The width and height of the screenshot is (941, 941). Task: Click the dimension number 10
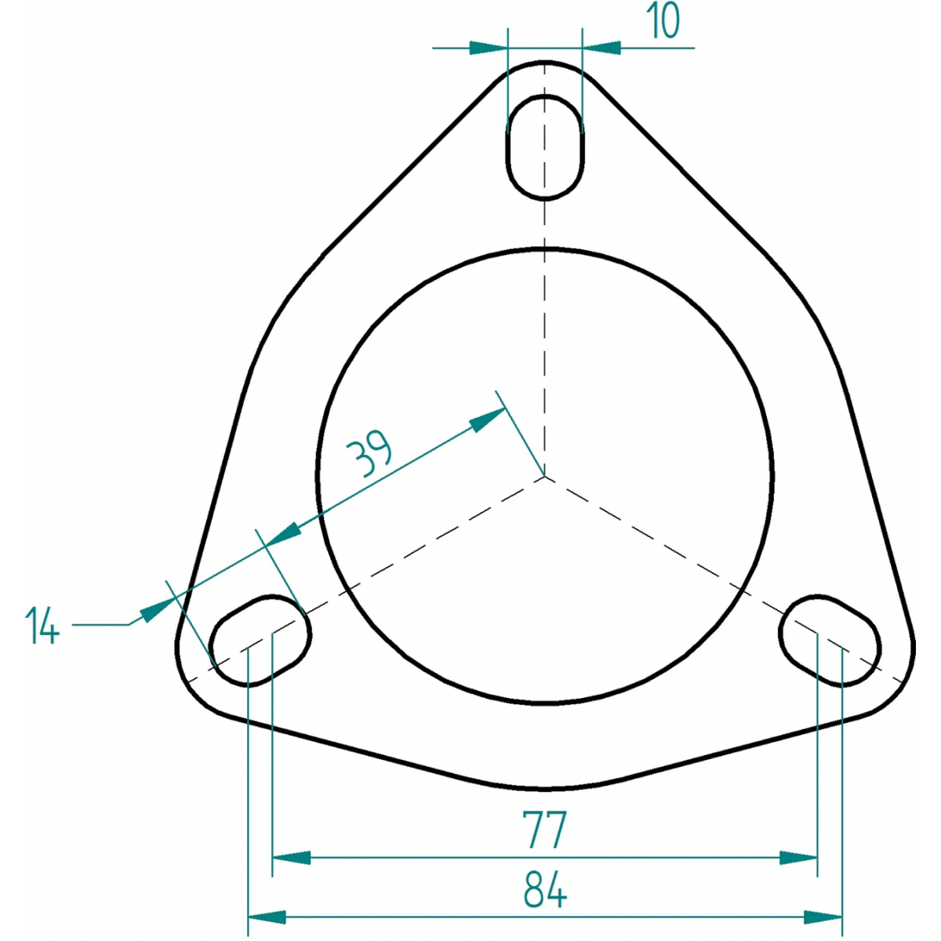[x=663, y=20]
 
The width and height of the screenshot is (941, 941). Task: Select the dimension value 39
[x=369, y=453]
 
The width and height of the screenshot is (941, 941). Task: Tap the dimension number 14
[x=42, y=625]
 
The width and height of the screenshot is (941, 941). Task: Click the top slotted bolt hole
[x=545, y=147]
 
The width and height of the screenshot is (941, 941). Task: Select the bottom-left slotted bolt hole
[x=260, y=641]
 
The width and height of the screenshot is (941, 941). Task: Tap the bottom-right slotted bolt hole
[x=830, y=641]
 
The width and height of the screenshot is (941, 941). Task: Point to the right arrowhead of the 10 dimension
[x=601, y=48]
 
